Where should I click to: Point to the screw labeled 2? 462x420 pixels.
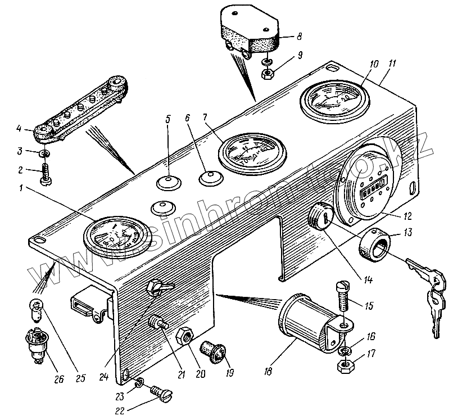pyautogui.click(x=44, y=171)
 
